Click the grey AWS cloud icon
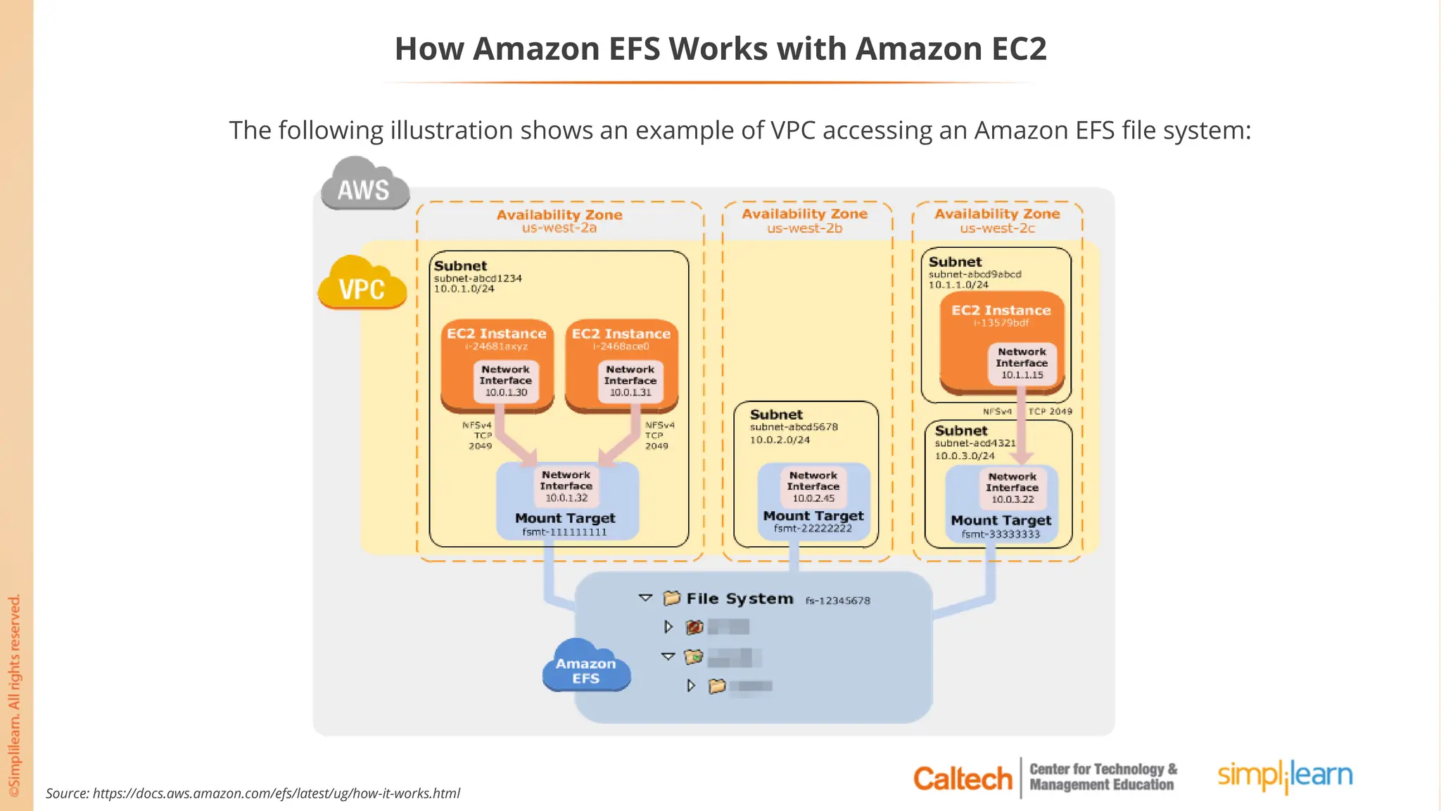pos(364,184)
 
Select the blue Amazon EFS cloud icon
pos(586,667)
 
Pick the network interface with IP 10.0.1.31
pos(630,381)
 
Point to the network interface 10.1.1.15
pos(1022,363)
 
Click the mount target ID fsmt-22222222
pos(813,529)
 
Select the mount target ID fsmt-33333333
pos(1001,534)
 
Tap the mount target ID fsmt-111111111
pos(564,532)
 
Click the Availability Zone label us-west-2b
pos(804,228)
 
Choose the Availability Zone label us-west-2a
pos(559,228)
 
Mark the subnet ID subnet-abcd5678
pos(794,427)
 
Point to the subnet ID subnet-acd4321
pos(975,443)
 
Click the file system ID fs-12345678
pos(837,601)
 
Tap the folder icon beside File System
pos(672,598)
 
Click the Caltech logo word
pos(962,779)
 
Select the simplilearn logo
pos(1285,776)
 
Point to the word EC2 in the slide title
pos(1019,49)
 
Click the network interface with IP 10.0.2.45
pos(813,486)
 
